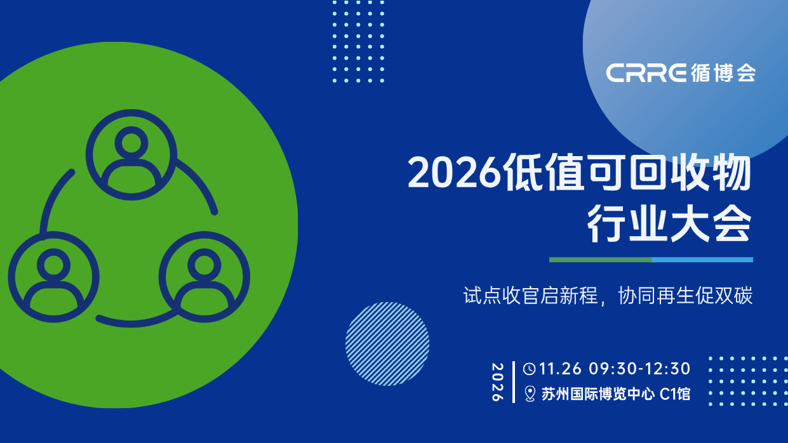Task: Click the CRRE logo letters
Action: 646,73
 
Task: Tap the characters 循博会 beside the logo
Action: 723,73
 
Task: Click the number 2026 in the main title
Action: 454,173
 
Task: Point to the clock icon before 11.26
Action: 530,369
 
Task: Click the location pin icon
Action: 530,393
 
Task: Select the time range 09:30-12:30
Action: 640,369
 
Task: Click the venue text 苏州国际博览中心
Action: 598,393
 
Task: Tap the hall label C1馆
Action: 675,393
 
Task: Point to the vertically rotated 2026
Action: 497,382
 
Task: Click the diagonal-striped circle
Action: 387,344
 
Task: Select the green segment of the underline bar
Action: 601,260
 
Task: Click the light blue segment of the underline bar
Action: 702,260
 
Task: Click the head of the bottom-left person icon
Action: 53,265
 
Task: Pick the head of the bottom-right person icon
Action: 204,265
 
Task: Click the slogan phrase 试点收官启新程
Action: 531,295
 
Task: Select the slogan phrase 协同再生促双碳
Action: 685,295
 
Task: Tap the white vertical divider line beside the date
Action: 514,382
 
